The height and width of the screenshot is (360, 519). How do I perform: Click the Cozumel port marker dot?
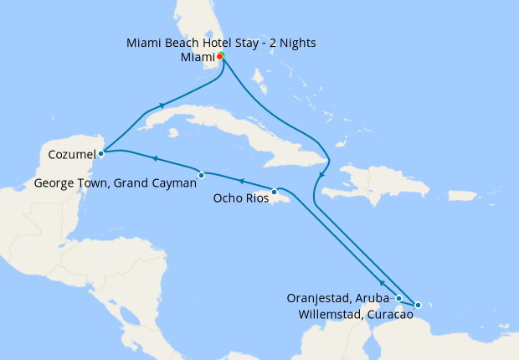(100, 153)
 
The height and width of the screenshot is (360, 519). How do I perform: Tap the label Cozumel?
(71, 154)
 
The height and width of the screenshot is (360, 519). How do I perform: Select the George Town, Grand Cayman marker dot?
(202, 175)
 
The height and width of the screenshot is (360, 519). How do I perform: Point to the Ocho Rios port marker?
(274, 192)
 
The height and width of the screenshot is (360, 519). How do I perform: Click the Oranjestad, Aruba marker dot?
(399, 298)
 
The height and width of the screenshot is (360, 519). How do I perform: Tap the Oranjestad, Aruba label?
(338, 298)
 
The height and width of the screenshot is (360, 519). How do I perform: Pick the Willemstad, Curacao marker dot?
(418, 305)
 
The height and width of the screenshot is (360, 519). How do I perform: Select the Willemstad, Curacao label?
(354, 315)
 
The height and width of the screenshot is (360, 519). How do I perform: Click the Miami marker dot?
(220, 56)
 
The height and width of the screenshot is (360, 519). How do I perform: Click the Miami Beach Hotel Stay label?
(222, 42)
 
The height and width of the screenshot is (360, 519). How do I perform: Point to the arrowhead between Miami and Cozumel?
(160, 106)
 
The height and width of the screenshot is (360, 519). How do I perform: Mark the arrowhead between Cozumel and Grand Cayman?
(154, 157)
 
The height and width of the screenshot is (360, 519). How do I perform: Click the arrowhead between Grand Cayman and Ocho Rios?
(241, 180)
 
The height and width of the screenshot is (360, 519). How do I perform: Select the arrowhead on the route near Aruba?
(382, 284)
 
